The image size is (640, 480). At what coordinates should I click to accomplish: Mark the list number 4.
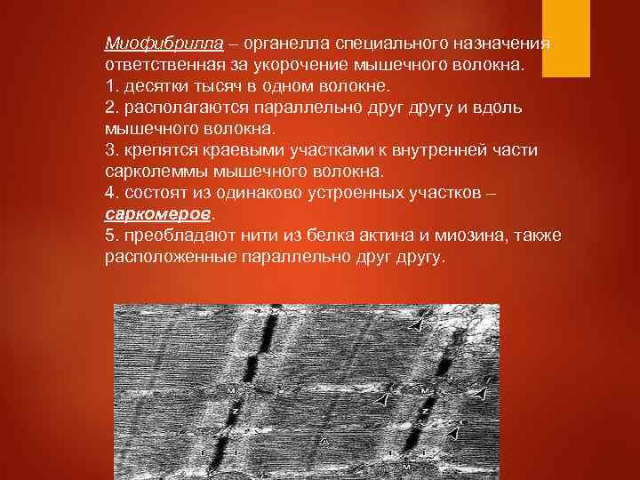(x=110, y=194)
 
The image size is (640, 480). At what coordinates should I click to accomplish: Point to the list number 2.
(x=110, y=108)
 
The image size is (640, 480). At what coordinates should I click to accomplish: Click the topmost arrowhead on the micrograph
(x=415, y=326)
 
